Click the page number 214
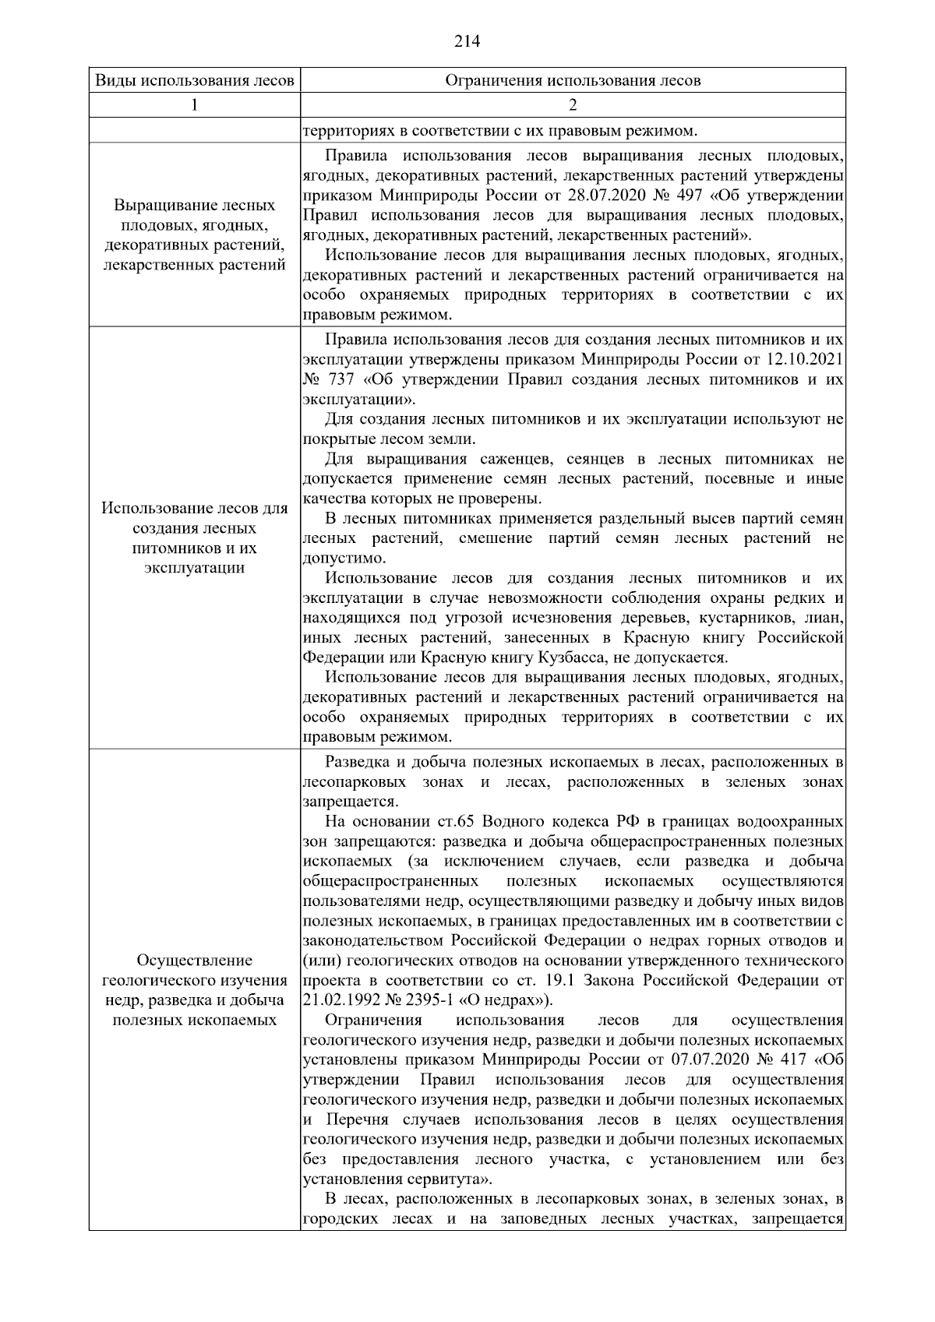click(467, 41)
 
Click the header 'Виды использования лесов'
click(194, 80)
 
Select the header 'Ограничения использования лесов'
click(573, 80)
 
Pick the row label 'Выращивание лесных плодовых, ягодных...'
click(194, 235)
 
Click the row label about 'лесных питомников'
click(194, 538)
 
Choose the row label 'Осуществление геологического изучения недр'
click(194, 989)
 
